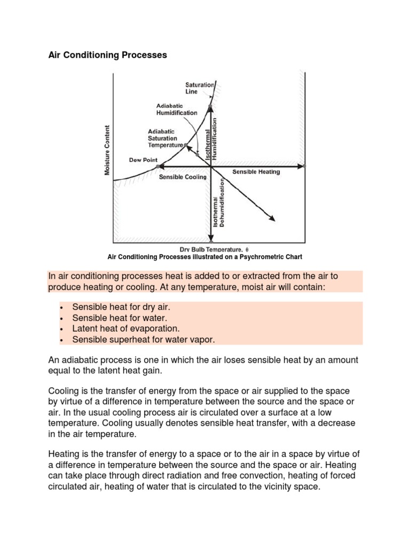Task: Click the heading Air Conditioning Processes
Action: [x=107, y=55]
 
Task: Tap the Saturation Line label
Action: [x=200, y=88]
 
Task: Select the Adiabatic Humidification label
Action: [x=176, y=109]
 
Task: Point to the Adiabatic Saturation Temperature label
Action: [x=165, y=138]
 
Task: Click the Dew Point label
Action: [x=142, y=159]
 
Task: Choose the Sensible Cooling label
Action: [x=183, y=177]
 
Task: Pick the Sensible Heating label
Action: [x=256, y=172]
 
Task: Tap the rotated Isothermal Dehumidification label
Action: [x=219, y=205]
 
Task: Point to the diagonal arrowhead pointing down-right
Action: [x=272, y=217]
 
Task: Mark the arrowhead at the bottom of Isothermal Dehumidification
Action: [x=211, y=237]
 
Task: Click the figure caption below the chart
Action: [x=205, y=257]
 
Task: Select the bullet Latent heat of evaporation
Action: [x=126, y=329]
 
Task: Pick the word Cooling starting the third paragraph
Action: [x=65, y=392]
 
